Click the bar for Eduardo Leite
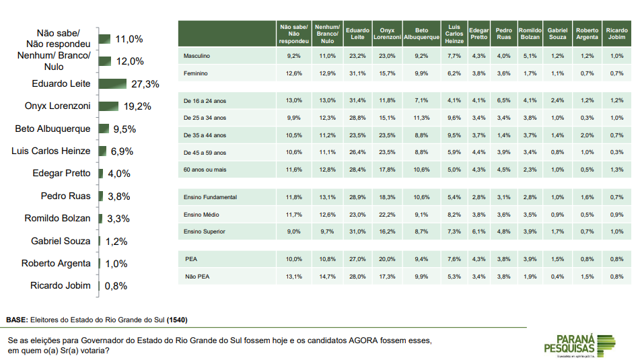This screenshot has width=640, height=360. tap(112, 84)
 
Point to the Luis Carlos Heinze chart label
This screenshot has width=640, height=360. tap(51, 151)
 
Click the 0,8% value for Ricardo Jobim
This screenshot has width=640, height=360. tap(115, 286)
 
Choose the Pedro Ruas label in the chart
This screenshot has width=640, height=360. tap(65, 196)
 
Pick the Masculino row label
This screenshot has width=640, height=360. tap(197, 55)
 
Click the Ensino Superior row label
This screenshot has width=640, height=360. tap(204, 231)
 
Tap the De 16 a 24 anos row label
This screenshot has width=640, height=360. tap(205, 100)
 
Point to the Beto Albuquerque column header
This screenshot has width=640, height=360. tap(421, 34)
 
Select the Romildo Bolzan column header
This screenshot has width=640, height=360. tap(530, 34)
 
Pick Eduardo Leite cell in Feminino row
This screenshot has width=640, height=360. tap(357, 73)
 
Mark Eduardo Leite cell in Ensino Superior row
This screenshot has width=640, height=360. tap(357, 231)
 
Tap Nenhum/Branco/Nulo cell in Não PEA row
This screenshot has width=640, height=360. tap(326, 276)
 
